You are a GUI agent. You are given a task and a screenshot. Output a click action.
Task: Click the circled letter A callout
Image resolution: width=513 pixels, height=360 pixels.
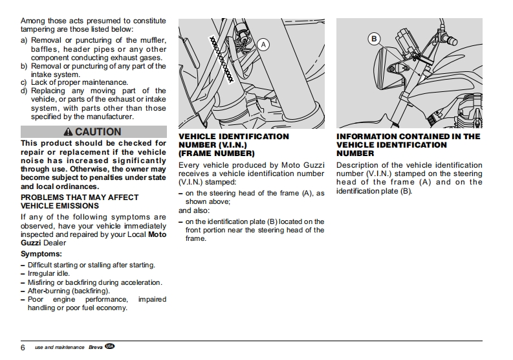point(263,44)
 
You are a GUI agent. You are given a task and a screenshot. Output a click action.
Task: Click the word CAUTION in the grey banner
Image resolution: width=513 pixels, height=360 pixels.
point(98,132)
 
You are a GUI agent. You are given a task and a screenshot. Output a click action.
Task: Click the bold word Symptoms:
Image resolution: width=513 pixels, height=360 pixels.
point(41,254)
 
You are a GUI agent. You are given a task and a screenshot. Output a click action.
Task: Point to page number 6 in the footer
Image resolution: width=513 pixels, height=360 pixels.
point(23,348)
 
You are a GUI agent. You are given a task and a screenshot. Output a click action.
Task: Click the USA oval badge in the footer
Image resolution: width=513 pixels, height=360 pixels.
point(110,347)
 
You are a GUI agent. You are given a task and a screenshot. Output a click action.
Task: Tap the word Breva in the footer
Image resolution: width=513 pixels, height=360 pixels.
point(95,348)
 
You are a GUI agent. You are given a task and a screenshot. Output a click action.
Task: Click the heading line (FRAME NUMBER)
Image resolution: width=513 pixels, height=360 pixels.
point(216,154)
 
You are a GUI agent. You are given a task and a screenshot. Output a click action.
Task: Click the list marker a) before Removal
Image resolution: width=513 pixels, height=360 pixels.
point(25,41)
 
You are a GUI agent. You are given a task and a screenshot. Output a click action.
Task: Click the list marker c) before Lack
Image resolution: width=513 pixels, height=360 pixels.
point(25,83)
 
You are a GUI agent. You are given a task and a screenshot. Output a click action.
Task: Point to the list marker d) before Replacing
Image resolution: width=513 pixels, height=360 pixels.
point(25,91)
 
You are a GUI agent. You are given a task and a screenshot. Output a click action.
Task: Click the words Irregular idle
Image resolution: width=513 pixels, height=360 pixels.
point(49,274)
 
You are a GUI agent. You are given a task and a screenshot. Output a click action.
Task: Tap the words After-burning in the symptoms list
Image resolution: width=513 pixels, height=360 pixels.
point(49,291)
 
